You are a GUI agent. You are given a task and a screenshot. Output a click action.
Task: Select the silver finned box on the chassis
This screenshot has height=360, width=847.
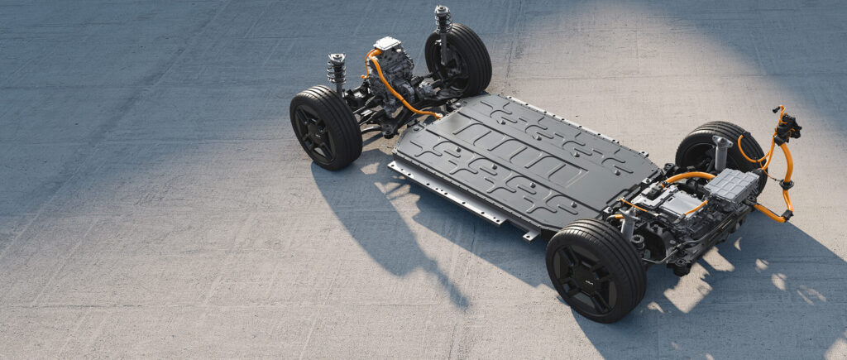[x=730, y=185]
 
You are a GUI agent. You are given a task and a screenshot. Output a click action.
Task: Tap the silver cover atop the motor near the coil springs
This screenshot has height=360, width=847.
[x=386, y=43]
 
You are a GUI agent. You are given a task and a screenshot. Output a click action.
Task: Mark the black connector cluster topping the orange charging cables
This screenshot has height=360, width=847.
[x=786, y=126]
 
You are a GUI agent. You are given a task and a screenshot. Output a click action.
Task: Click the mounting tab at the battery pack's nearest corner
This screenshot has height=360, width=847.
[x=529, y=235]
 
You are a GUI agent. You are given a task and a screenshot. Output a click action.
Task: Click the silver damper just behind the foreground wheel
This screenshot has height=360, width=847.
[x=628, y=223]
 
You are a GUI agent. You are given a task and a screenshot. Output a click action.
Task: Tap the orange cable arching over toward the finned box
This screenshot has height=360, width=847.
[x=687, y=175]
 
